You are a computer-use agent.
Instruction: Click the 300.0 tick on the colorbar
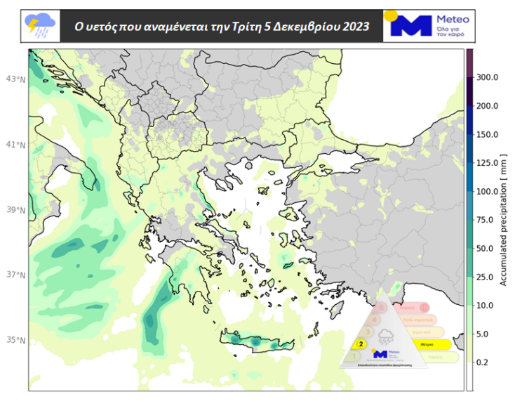click(x=487, y=77)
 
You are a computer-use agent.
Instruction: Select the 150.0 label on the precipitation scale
click(x=487, y=134)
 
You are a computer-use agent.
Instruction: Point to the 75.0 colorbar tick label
click(x=485, y=220)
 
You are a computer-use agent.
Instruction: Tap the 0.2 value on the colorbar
click(x=483, y=362)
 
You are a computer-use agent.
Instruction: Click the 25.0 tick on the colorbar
click(x=485, y=277)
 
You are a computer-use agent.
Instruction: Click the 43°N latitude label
click(x=16, y=79)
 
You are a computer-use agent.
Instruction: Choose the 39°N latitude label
click(x=16, y=210)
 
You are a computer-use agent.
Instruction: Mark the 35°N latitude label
click(x=16, y=340)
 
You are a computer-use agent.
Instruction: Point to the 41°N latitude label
click(x=16, y=145)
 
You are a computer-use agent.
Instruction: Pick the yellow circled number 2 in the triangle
click(x=361, y=344)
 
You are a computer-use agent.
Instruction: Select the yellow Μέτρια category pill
click(x=425, y=345)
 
